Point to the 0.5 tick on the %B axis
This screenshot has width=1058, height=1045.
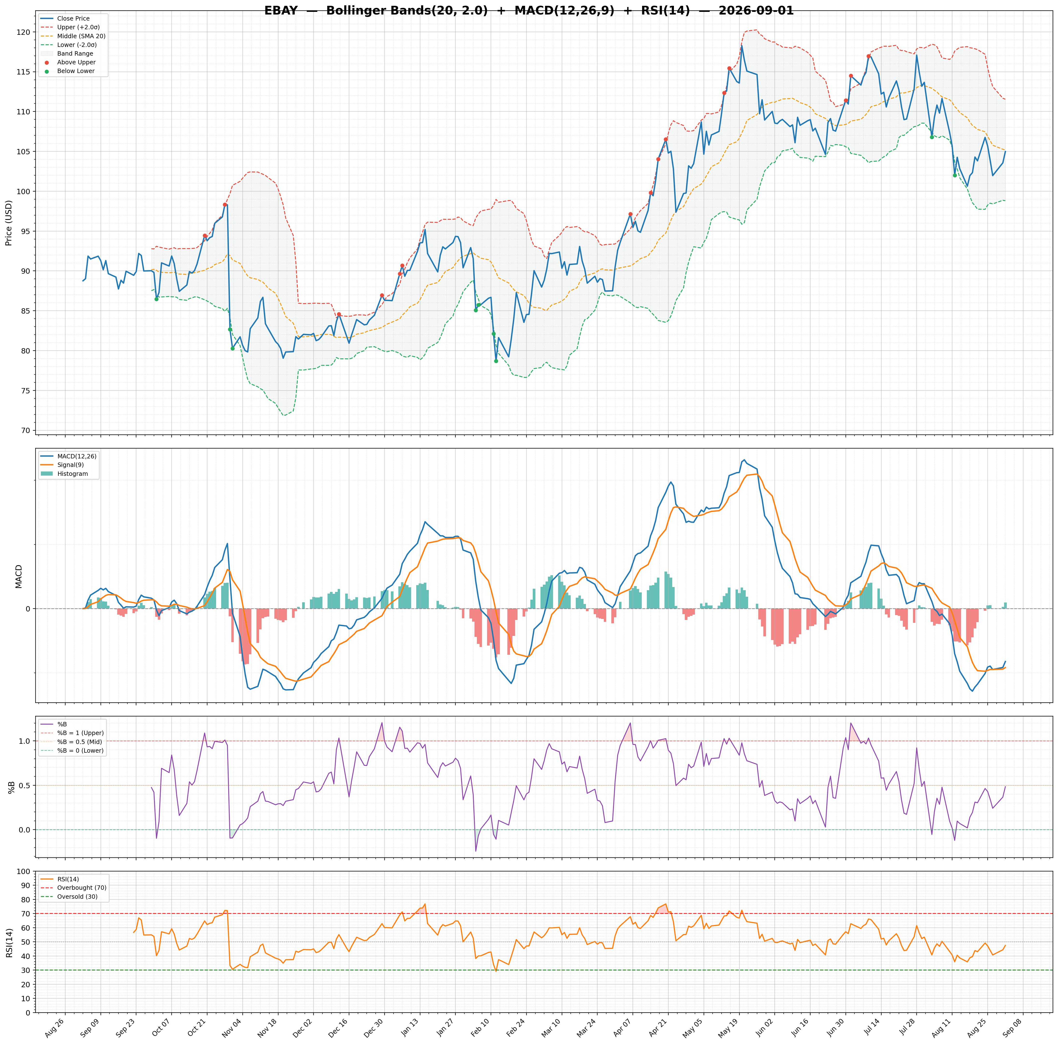click(x=25, y=785)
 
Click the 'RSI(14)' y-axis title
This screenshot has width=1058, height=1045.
click(x=9, y=942)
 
